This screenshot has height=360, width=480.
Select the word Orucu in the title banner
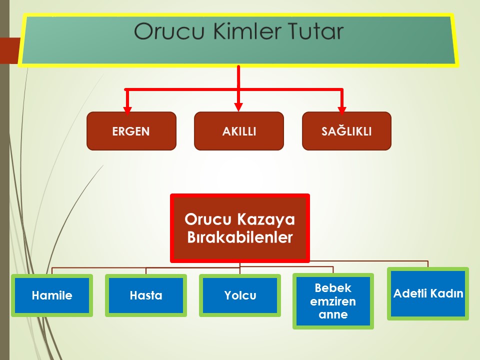[169, 31]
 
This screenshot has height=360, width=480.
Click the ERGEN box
[131, 131]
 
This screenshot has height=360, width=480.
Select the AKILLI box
[239, 131]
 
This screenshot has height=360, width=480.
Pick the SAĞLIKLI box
[346, 131]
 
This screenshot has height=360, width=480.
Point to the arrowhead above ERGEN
[127, 110]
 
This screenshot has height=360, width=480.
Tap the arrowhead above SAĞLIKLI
[342, 110]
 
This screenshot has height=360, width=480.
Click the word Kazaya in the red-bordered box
[265, 220]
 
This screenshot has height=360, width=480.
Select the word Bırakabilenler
[239, 237]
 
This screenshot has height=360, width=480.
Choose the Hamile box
[52, 295]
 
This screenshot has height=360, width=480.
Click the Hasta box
[146, 295]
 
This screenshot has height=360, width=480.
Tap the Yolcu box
[240, 295]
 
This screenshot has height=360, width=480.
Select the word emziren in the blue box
[333, 301]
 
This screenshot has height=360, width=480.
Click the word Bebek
[333, 288]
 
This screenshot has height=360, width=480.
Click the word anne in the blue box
[333, 314]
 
